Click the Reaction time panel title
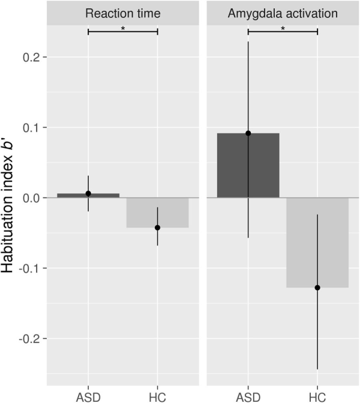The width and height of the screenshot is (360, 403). tap(122, 13)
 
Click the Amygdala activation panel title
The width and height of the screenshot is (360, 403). tap(282, 13)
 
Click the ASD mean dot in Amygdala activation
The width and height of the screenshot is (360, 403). tap(248, 133)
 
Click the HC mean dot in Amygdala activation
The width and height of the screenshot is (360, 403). tap(317, 288)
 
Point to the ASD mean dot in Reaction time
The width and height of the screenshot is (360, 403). tap(88, 193)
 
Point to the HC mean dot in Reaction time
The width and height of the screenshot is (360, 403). tap(157, 228)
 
